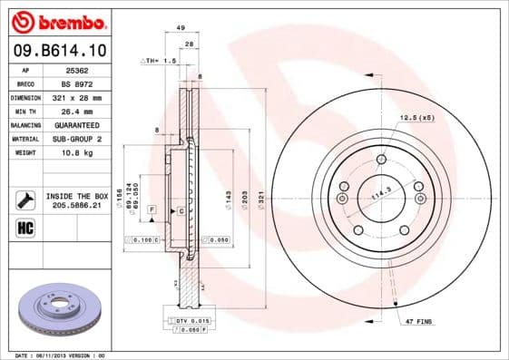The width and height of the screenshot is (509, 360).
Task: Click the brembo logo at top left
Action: click(x=57, y=20)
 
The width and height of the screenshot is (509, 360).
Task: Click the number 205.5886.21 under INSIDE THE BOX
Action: click(x=77, y=206)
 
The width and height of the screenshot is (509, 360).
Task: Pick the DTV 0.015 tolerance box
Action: click(x=189, y=322)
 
